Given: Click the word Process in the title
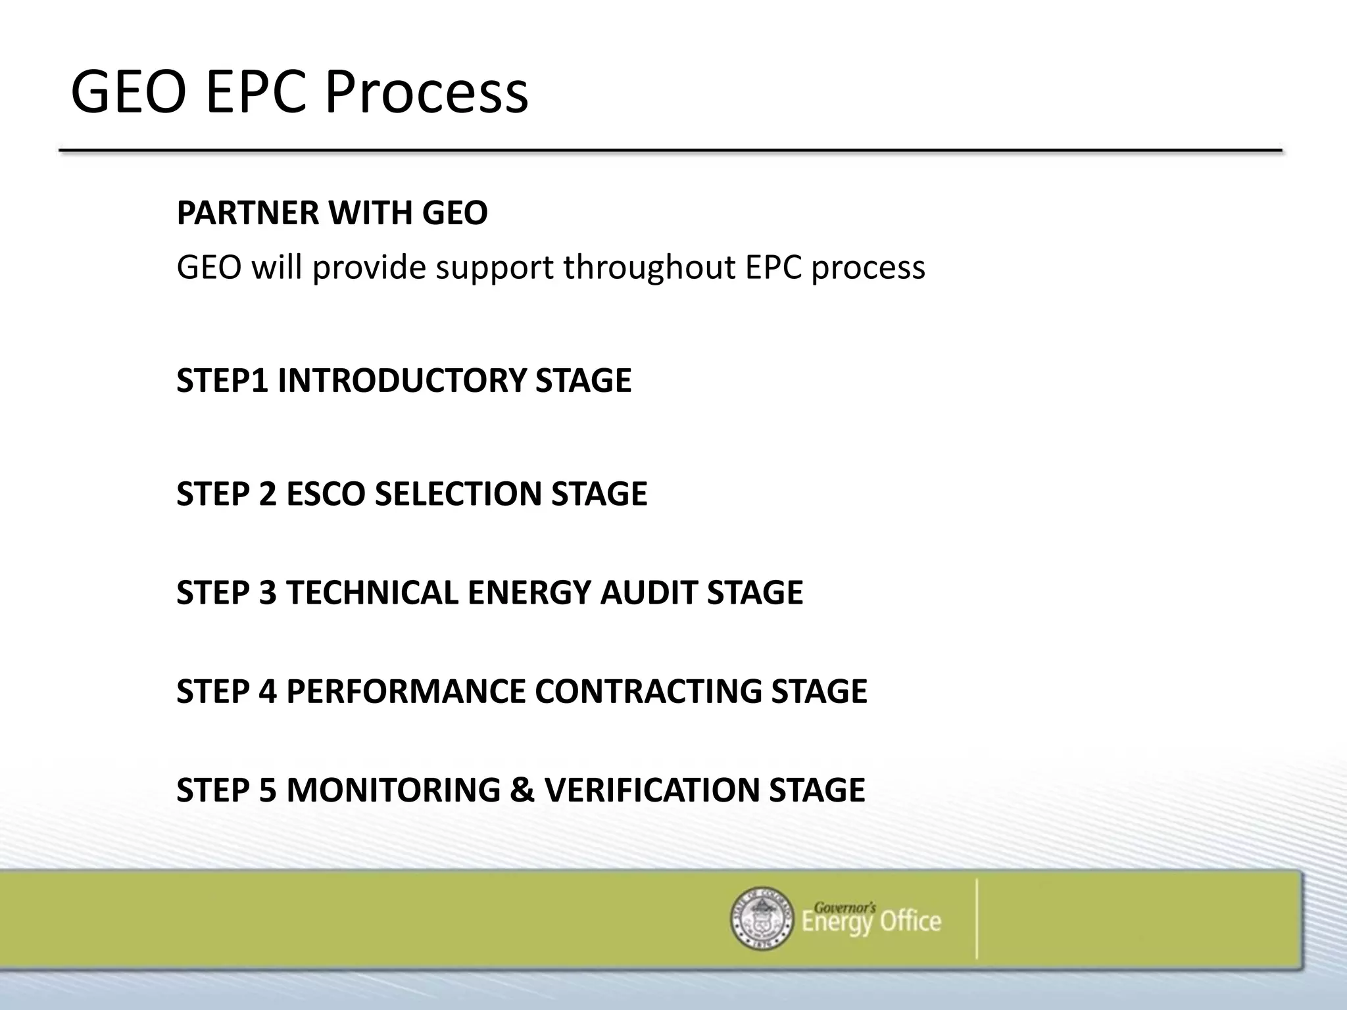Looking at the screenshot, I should click(x=426, y=93).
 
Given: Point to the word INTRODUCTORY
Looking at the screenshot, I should click(x=402, y=381).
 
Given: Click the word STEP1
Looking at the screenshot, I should click(x=222, y=381).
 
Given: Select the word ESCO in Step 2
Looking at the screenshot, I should click(x=326, y=494).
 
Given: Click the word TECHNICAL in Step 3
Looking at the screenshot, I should click(x=372, y=592).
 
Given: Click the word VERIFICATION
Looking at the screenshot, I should click(x=652, y=790).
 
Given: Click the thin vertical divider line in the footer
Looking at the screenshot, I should click(x=977, y=919).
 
